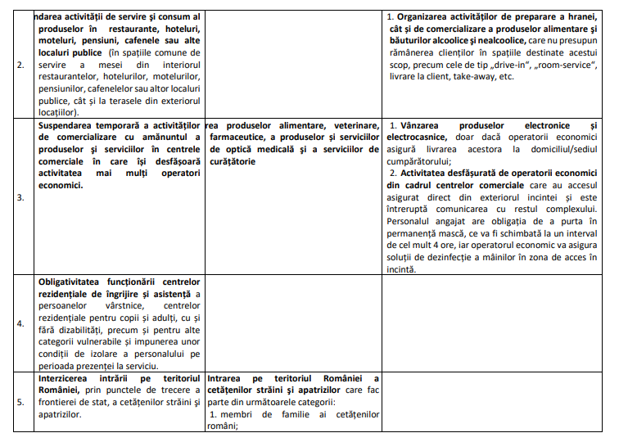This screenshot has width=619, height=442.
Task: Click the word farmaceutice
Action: [x=238, y=137]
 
